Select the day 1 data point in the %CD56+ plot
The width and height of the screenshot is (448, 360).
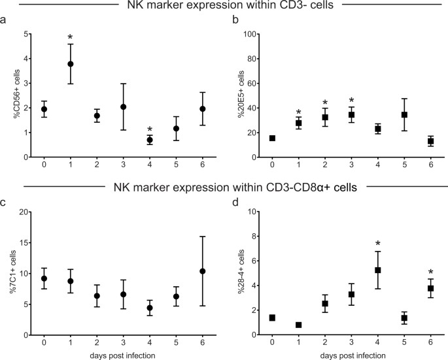click(71, 64)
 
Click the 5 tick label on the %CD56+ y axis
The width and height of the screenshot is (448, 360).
click(25, 34)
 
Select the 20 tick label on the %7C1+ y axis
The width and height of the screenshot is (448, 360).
click(23, 212)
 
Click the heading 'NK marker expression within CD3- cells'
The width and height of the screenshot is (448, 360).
click(223, 7)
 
